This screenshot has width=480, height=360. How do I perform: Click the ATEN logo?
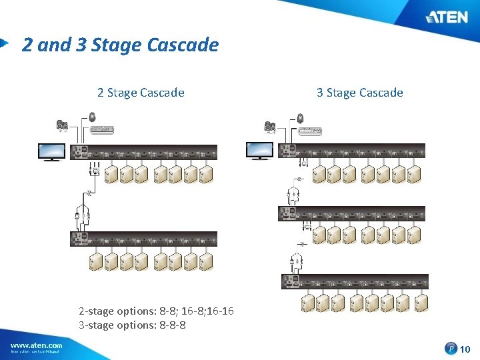tap(447, 17)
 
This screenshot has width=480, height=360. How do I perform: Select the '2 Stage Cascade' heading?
tap(141, 93)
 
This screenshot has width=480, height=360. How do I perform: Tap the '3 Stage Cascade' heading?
tap(359, 93)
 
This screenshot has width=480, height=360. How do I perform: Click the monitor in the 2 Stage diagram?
tap(51, 152)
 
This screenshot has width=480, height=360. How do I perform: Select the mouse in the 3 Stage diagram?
tap(300, 119)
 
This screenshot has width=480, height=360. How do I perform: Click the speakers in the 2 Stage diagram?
tap(63, 125)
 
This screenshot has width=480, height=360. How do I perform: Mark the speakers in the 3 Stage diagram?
tap(271, 126)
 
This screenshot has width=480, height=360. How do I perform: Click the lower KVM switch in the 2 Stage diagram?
tap(144, 239)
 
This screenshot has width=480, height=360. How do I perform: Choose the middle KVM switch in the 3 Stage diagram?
tap(353, 214)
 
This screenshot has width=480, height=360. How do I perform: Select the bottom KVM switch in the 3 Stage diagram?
tap(353, 281)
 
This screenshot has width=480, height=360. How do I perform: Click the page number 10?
tap(465, 348)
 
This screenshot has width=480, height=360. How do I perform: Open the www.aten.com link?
tap(37, 345)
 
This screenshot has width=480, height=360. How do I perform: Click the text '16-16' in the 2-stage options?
tap(220, 311)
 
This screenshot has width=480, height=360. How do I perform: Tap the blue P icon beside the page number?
tap(452, 348)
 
